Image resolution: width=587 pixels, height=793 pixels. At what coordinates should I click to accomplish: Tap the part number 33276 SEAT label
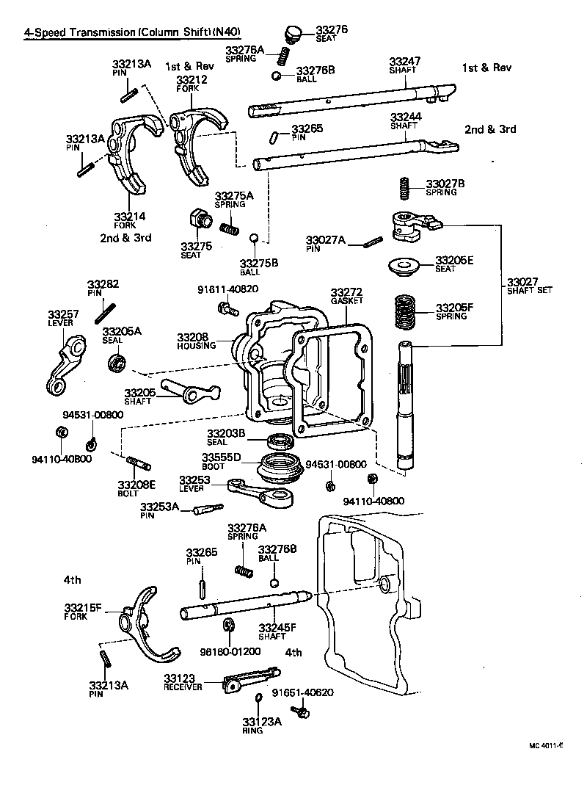click(332, 33)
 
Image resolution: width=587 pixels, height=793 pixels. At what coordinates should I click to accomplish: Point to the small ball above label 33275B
click(252, 239)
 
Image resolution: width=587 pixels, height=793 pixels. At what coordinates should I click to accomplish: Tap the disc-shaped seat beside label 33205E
click(401, 266)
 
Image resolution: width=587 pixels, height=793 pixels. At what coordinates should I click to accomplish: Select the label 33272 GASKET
click(346, 296)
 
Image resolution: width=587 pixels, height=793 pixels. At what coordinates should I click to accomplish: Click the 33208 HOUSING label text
click(192, 341)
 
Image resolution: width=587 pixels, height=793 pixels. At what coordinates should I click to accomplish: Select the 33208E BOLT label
click(137, 488)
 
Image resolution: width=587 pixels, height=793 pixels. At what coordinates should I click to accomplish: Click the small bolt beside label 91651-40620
click(299, 711)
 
